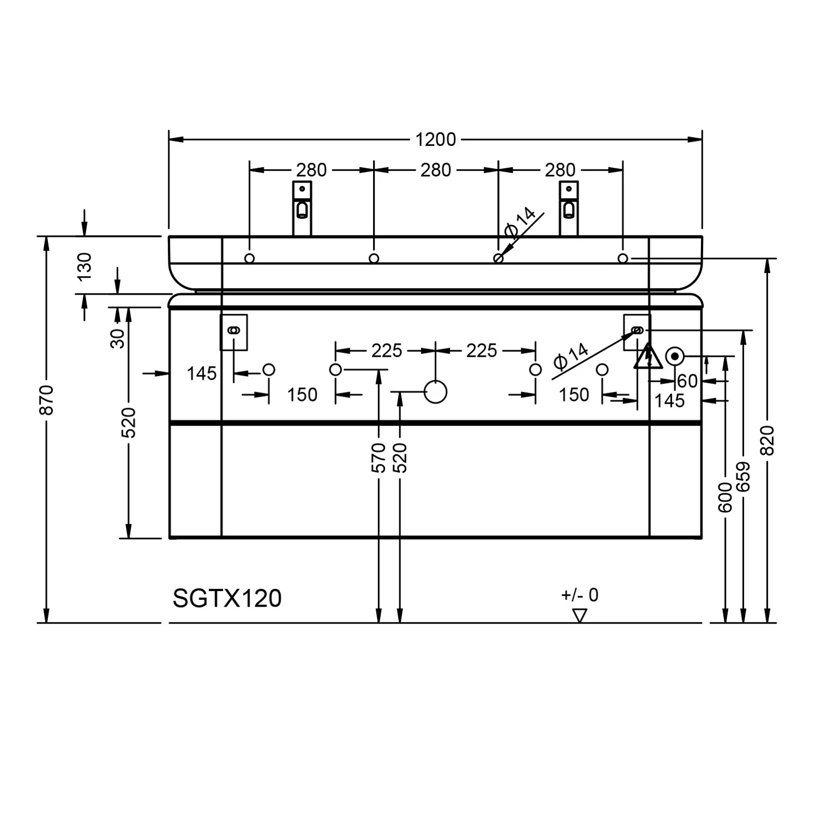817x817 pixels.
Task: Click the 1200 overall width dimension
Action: (x=435, y=139)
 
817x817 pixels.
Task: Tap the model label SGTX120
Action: (x=227, y=598)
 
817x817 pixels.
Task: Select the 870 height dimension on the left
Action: (x=47, y=400)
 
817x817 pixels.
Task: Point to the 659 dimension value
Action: (x=743, y=477)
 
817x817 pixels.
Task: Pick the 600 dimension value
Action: (x=725, y=497)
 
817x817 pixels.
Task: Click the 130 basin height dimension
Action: (x=85, y=266)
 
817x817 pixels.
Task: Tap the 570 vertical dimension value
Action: (x=379, y=458)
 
